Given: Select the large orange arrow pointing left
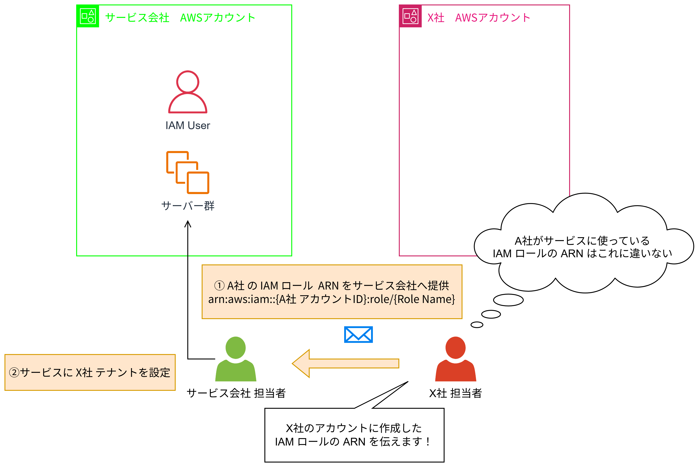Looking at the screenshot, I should coord(345,363).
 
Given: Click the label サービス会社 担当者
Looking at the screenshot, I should coord(236,393).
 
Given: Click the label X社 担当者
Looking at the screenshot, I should coord(455,393).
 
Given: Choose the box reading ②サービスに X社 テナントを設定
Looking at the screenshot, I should coord(90,372).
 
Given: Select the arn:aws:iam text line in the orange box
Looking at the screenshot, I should coord(331,299).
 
